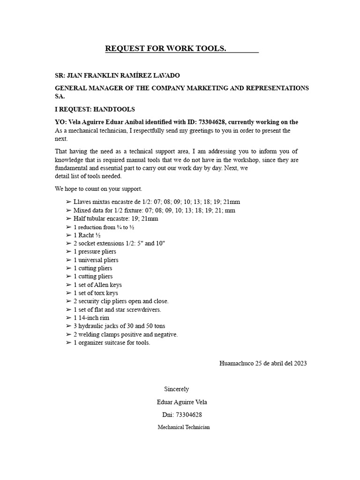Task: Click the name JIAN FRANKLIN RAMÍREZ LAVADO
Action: tap(123, 75)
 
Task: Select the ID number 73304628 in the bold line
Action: tap(212, 122)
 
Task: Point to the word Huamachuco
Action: tap(236, 363)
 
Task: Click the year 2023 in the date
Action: tap(300, 363)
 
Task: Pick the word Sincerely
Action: tap(176, 389)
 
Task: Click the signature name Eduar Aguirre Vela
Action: tap(182, 402)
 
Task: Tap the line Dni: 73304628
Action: tap(182, 415)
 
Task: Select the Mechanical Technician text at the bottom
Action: tap(184, 427)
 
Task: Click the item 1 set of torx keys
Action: tap(96, 293)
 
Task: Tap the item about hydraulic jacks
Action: tap(119, 326)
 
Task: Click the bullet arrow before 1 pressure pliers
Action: tap(69, 252)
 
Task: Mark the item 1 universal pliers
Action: tap(96, 260)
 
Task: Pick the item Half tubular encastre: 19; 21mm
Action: tap(116, 218)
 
